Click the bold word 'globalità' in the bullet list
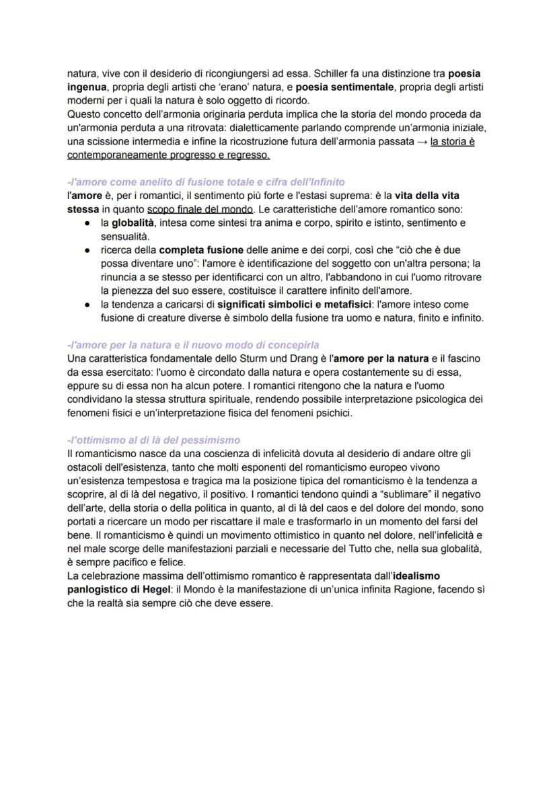click(x=131, y=223)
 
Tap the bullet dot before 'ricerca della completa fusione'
click(x=87, y=249)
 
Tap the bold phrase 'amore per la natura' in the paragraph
click(x=383, y=358)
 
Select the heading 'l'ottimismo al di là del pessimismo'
click(x=154, y=440)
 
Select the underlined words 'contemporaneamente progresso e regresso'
click(x=169, y=155)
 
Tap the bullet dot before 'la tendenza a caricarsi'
click(x=87, y=305)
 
